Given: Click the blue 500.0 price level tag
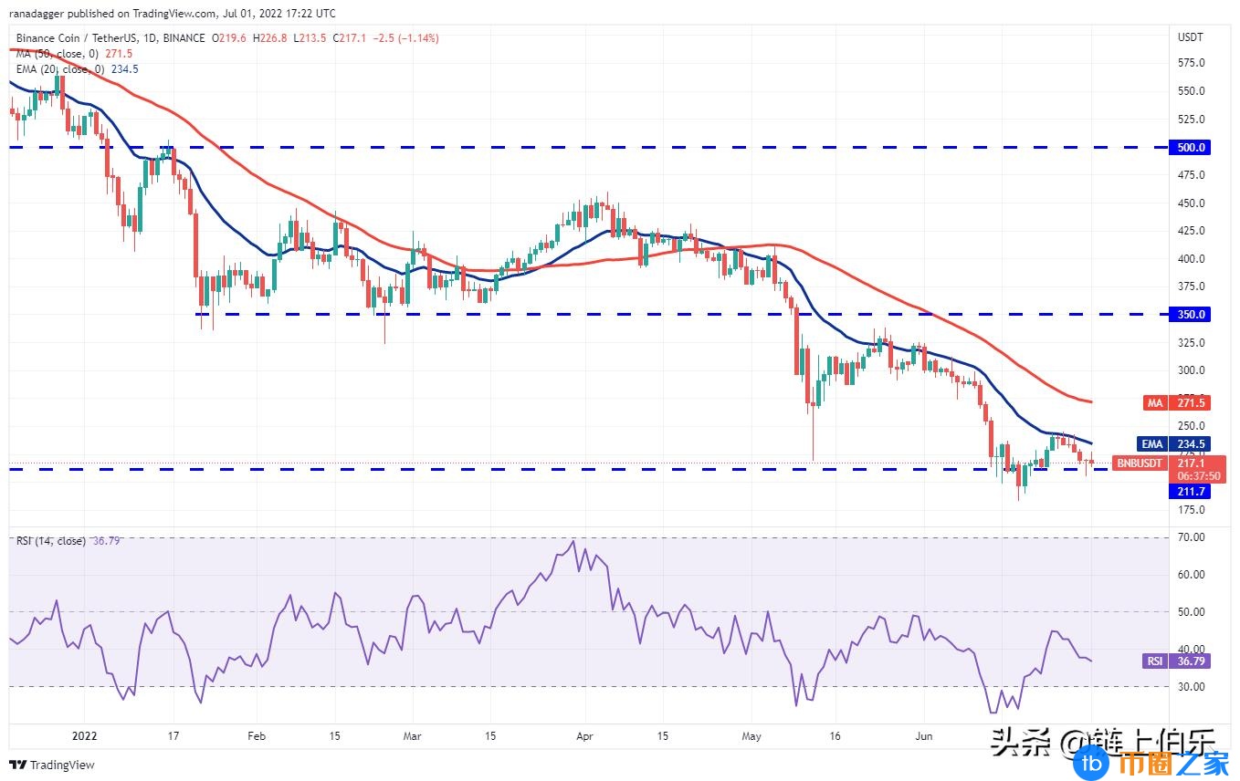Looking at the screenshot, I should [1190, 147].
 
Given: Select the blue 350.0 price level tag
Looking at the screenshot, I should [1190, 314].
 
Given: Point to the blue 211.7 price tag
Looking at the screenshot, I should [1191, 491].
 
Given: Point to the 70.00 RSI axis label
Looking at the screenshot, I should [1191, 537].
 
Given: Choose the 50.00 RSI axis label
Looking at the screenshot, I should [1191, 611].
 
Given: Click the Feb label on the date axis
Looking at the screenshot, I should [257, 735].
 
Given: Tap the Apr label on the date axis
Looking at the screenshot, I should [585, 735].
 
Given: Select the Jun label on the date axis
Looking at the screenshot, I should [923, 735].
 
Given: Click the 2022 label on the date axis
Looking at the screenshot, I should [83, 735].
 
